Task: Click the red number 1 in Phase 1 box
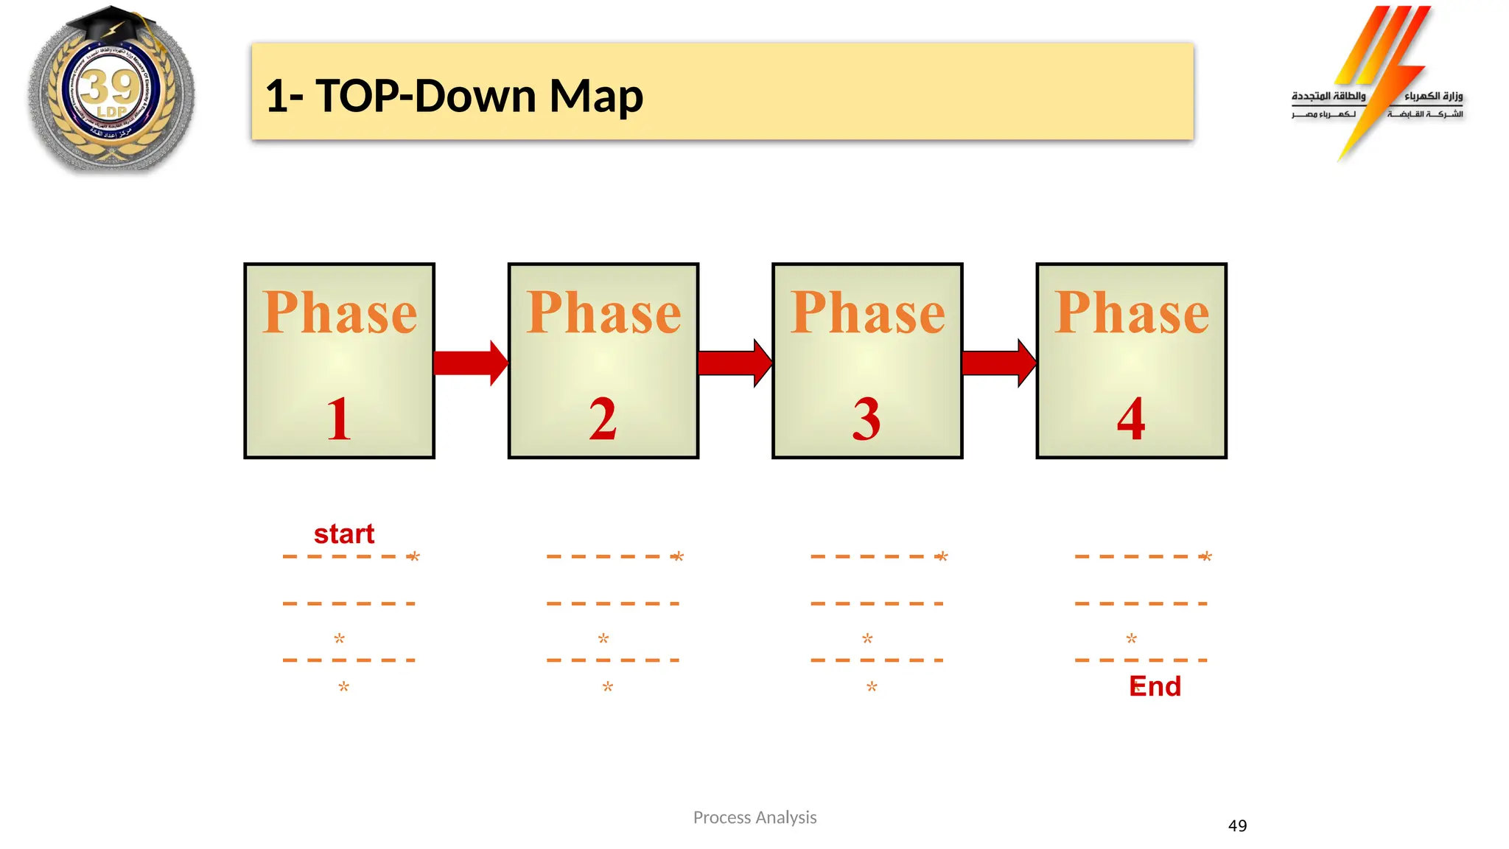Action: (339, 419)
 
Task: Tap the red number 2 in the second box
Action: (603, 419)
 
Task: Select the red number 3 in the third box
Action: (866, 419)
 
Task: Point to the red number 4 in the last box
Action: (1131, 419)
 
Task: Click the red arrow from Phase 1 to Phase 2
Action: (470, 363)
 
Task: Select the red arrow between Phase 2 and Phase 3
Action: (735, 363)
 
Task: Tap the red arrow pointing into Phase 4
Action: (998, 363)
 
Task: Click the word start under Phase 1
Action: (344, 534)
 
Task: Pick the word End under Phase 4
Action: (1155, 686)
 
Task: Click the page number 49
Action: (1237, 825)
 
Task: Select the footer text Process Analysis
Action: (754, 817)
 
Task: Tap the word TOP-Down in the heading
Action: (426, 96)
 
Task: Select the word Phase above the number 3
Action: (867, 312)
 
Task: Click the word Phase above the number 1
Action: (340, 312)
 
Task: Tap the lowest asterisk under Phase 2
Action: (607, 687)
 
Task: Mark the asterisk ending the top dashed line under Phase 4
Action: (1205, 556)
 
